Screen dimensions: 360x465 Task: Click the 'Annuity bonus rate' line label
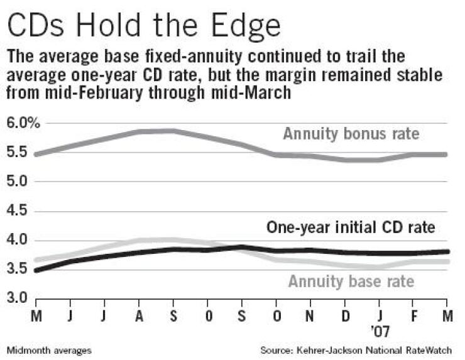351,134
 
